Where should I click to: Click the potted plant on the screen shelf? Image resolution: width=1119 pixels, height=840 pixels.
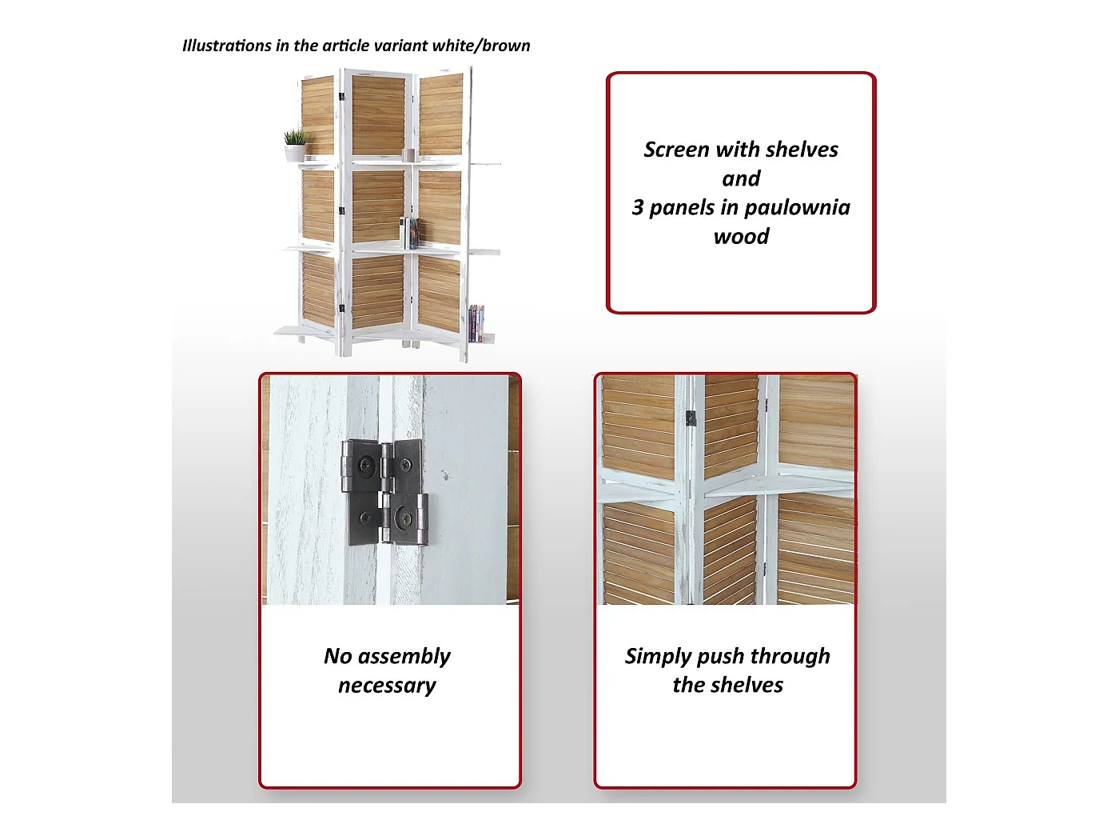[x=295, y=146]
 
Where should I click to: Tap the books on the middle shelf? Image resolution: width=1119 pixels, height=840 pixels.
[x=410, y=234]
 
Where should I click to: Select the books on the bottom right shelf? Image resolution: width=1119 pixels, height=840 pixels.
[x=476, y=323]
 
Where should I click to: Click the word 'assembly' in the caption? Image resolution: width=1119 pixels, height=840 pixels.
[x=404, y=657]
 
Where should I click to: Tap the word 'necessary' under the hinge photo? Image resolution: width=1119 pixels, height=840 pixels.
[x=388, y=686]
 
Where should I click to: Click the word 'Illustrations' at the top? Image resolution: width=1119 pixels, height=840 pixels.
[x=227, y=46]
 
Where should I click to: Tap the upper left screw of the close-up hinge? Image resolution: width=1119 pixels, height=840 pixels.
[x=365, y=465]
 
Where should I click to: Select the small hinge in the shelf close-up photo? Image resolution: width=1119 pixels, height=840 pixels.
[x=691, y=418]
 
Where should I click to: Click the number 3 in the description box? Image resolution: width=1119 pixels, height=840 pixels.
[x=637, y=208]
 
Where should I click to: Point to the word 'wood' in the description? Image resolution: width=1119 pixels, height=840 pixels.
[x=741, y=237]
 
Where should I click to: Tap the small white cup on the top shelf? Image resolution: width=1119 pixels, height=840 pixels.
[x=409, y=154]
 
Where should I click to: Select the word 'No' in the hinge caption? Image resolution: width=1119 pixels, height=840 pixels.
[x=338, y=656]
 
